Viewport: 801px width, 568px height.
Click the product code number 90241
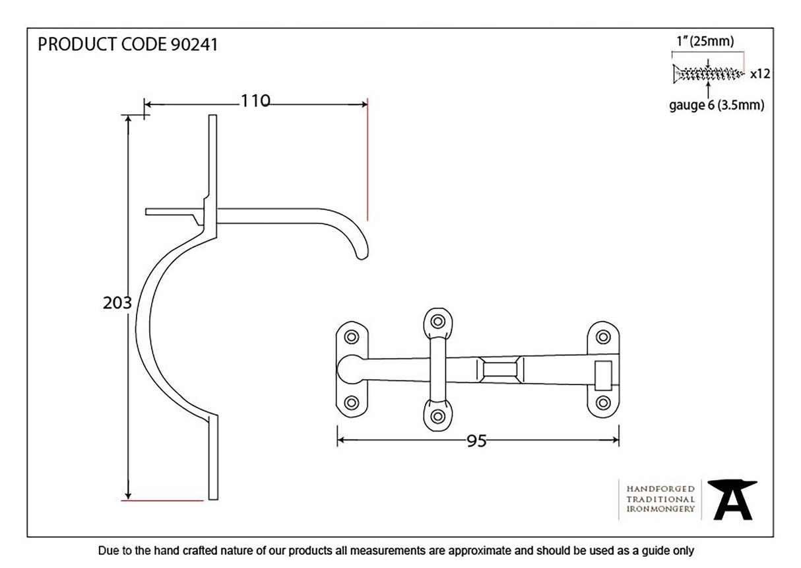pyautogui.click(x=194, y=45)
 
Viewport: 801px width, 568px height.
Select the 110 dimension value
pyautogui.click(x=255, y=101)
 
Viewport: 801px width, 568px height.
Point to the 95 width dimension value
pyautogui.click(x=476, y=441)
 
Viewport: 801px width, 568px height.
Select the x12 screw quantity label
pyautogui.click(x=760, y=74)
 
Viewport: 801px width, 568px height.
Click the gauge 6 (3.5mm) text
pyautogui.click(x=717, y=106)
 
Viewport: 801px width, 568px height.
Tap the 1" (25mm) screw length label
pyautogui.click(x=705, y=42)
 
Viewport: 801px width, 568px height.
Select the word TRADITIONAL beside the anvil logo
pyautogui.click(x=660, y=499)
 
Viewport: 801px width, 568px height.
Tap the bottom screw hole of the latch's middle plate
pyautogui.click(x=437, y=416)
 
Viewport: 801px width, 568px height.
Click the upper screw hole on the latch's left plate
pyautogui.click(x=350, y=336)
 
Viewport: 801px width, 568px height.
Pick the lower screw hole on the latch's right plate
pyautogui.click(x=602, y=402)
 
